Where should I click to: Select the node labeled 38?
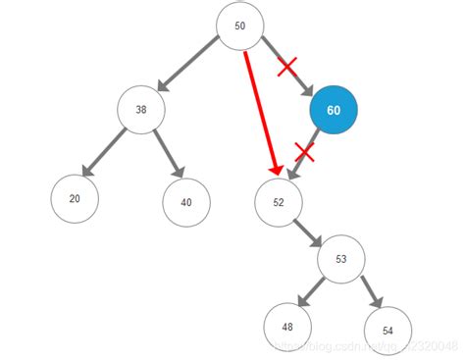(x=141, y=111)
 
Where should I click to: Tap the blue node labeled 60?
(x=334, y=111)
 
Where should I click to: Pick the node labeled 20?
(x=76, y=198)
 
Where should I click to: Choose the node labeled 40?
(x=186, y=203)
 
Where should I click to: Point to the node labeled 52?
(x=279, y=203)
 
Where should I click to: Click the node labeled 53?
(x=341, y=260)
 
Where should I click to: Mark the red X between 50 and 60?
(x=287, y=67)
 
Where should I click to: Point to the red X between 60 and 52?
(x=305, y=153)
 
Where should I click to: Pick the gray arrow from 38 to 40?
(x=167, y=155)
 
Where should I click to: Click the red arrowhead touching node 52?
(x=276, y=169)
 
